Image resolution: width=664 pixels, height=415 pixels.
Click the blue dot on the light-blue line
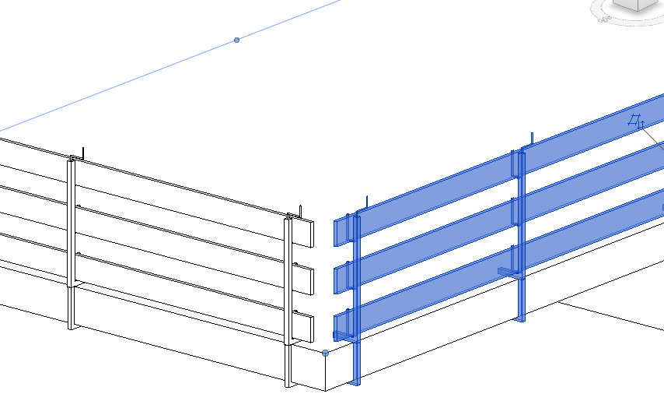237,40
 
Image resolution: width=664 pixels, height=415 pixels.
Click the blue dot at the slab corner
325,353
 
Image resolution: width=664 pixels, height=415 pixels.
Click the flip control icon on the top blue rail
637,121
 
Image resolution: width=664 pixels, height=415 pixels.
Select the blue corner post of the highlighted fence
357,311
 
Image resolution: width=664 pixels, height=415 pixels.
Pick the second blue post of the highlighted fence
522,234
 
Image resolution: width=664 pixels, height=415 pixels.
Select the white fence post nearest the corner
288,296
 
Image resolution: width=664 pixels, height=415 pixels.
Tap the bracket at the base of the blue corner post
342,336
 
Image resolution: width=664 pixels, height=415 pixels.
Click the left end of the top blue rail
340,231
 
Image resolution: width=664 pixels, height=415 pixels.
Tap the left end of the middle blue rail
340,279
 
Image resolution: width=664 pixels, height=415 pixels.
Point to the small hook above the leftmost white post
82,153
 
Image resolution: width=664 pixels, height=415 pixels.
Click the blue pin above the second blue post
532,139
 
